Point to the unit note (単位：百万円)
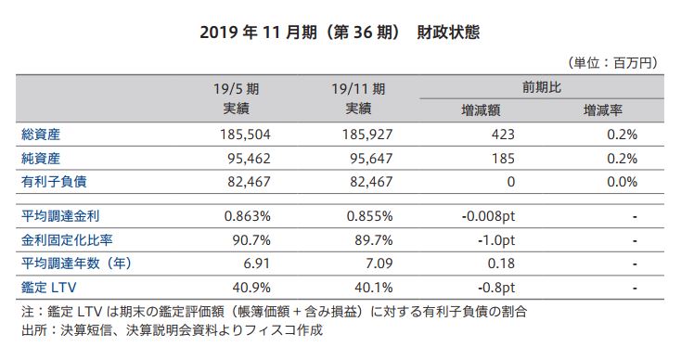pos(611,63)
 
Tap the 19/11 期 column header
pos(358,89)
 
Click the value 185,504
pos(245,135)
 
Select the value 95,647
pos(369,159)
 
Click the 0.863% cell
pos(247,217)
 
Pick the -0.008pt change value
pos(488,217)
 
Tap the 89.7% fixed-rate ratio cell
pos(373,240)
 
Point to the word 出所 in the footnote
pos(32,329)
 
